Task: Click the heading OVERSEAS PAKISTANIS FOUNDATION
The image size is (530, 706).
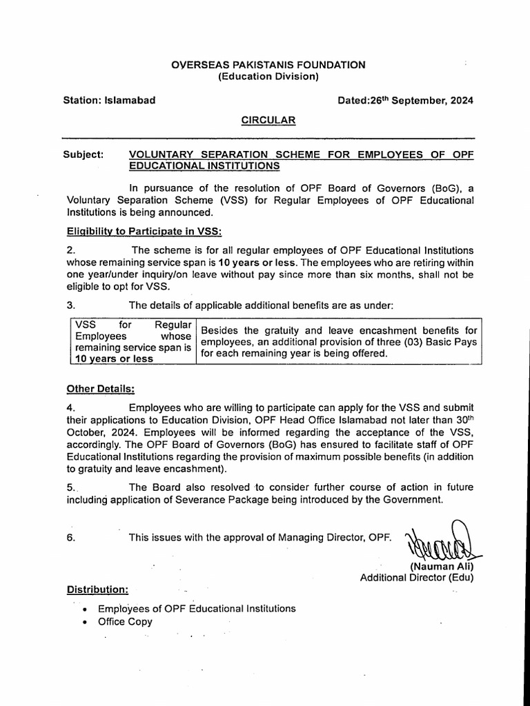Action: (268, 65)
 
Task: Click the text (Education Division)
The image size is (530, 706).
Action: (268, 77)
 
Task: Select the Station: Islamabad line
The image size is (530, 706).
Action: (109, 100)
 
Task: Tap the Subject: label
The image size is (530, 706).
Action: (84, 154)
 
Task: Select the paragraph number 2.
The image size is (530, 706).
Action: (70, 250)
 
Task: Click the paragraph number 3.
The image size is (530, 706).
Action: (70, 304)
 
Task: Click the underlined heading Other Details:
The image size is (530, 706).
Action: (100, 387)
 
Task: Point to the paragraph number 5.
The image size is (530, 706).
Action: (70, 487)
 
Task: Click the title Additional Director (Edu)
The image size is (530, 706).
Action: (417, 578)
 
